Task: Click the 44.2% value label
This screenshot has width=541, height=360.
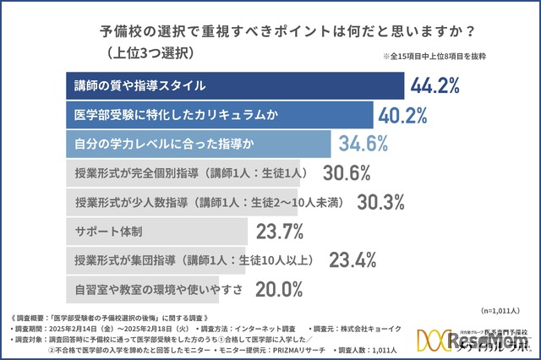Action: (x=434, y=86)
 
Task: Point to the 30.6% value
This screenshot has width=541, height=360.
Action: (x=347, y=172)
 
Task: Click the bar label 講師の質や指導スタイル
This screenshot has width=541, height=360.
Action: (x=139, y=85)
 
